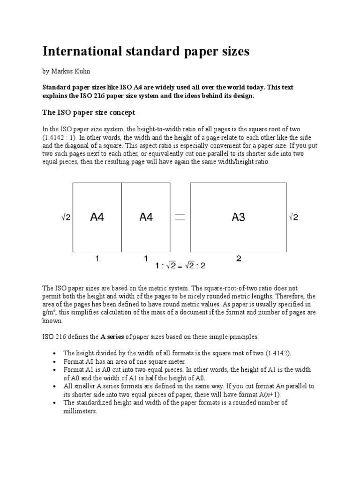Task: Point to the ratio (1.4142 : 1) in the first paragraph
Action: point(58,137)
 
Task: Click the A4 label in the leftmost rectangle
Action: point(97,217)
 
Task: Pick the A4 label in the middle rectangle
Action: point(146,217)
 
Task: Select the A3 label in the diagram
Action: point(238,217)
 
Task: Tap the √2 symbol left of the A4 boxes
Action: point(65,217)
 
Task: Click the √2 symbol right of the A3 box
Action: point(293,217)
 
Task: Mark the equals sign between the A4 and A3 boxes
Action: point(179,217)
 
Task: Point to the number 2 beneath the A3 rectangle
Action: point(239,258)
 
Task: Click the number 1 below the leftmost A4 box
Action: point(97,258)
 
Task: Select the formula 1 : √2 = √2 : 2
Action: point(180,266)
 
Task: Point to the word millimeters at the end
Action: point(80,411)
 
